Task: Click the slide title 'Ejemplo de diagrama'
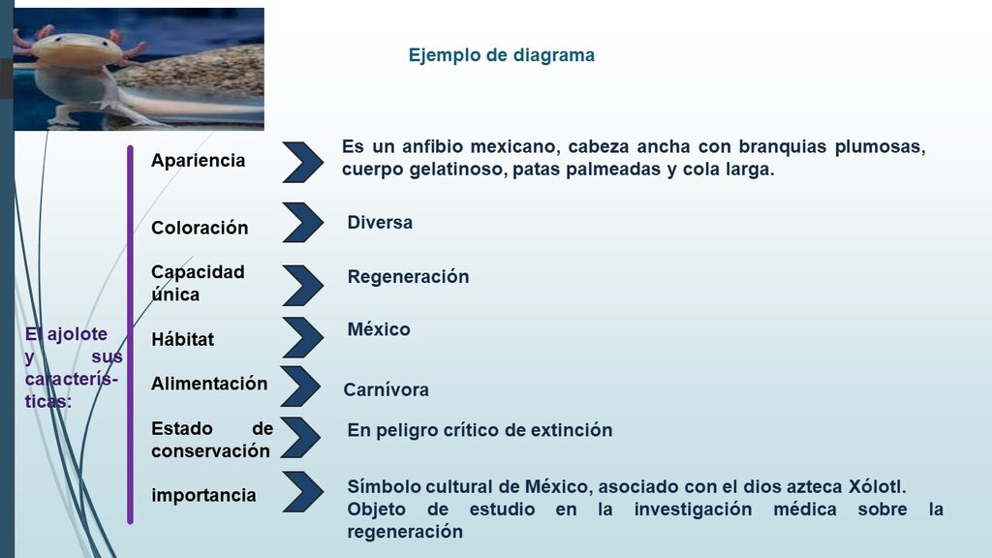[501, 55]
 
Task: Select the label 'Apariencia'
[198, 161]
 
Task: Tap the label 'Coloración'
[200, 228]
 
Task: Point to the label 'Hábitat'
[182, 339]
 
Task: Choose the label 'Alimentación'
[209, 384]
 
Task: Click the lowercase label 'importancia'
[203, 495]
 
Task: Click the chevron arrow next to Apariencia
[303, 163]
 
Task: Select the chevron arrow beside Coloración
[303, 222]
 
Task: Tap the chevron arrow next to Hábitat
[303, 337]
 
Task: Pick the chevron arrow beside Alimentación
[300, 387]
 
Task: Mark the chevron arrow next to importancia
[303, 491]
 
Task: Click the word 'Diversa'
[380, 223]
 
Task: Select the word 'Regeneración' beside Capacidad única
[408, 277]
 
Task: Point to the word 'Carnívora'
[386, 389]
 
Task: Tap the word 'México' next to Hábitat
[379, 329]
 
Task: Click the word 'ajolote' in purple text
[77, 334]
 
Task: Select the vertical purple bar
[131, 334]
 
